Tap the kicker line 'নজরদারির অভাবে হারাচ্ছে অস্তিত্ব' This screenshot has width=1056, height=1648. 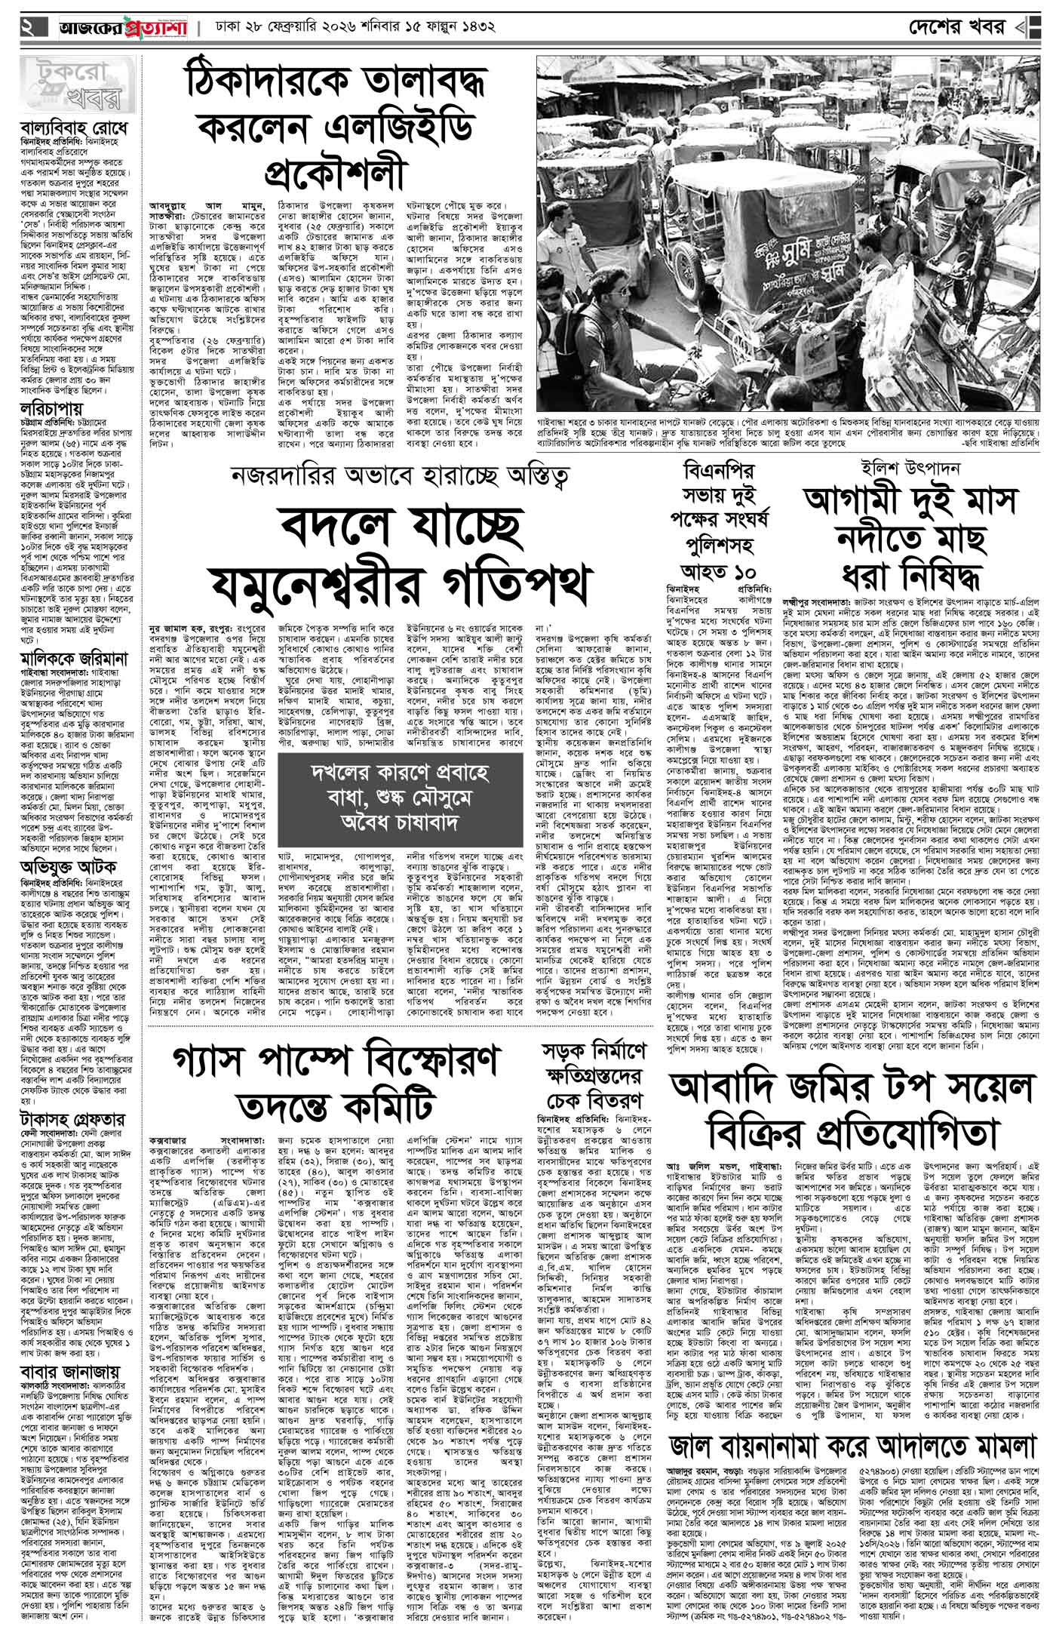coord(399,478)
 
